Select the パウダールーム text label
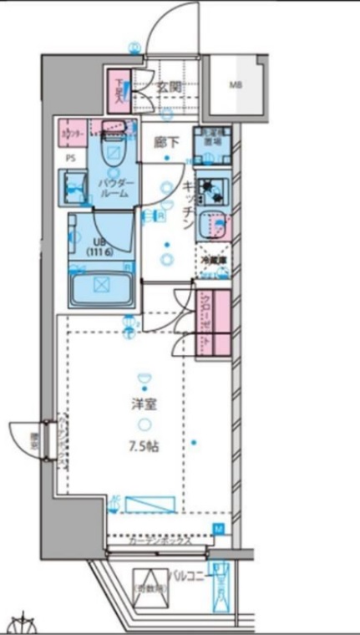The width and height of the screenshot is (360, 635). tap(113, 187)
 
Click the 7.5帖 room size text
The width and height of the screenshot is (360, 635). tap(144, 444)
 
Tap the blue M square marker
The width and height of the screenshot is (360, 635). tap(218, 528)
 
